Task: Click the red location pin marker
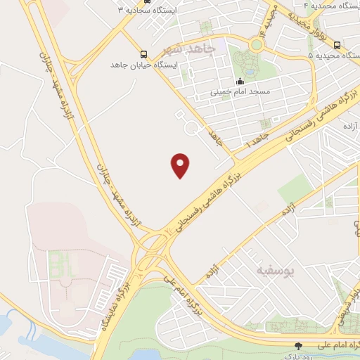(x=181, y=165)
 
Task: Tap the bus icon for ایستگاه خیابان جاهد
(x=144, y=54)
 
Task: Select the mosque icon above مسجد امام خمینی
(x=240, y=81)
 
